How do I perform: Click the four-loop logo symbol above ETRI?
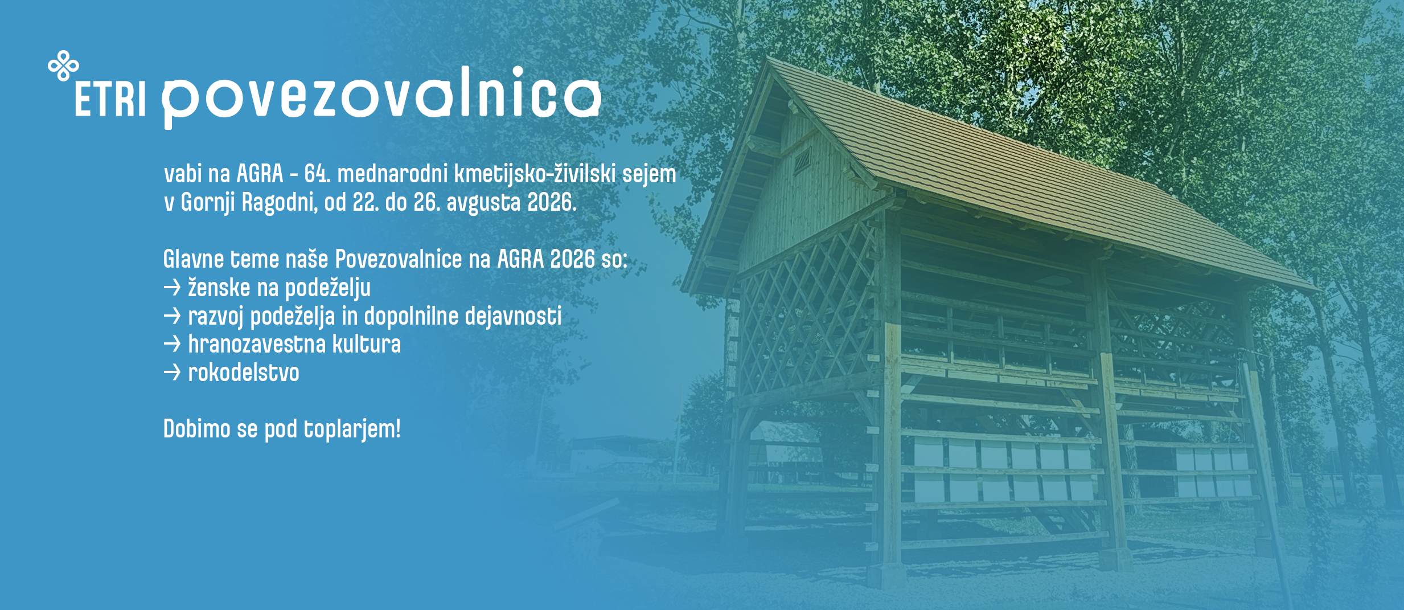(63, 65)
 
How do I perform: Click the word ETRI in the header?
(110, 99)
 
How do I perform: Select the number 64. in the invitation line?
(317, 174)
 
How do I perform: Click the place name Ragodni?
(280, 203)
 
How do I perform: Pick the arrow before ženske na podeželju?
(172, 288)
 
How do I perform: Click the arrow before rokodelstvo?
(172, 373)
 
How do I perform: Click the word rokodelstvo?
(244, 373)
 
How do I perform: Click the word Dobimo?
(197, 429)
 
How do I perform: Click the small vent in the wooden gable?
(803, 160)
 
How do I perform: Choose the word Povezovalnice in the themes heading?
(399, 259)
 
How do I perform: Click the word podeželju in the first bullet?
(327, 288)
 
